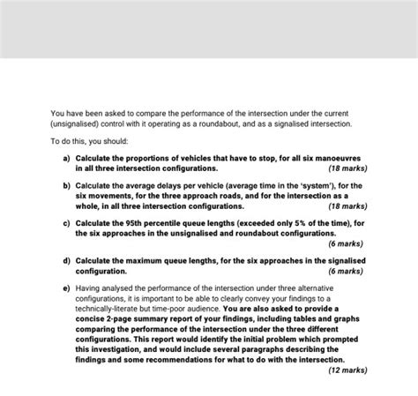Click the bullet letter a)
[66, 157]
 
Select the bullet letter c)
[66, 224]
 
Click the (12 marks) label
[348, 371]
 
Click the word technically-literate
[110, 310]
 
